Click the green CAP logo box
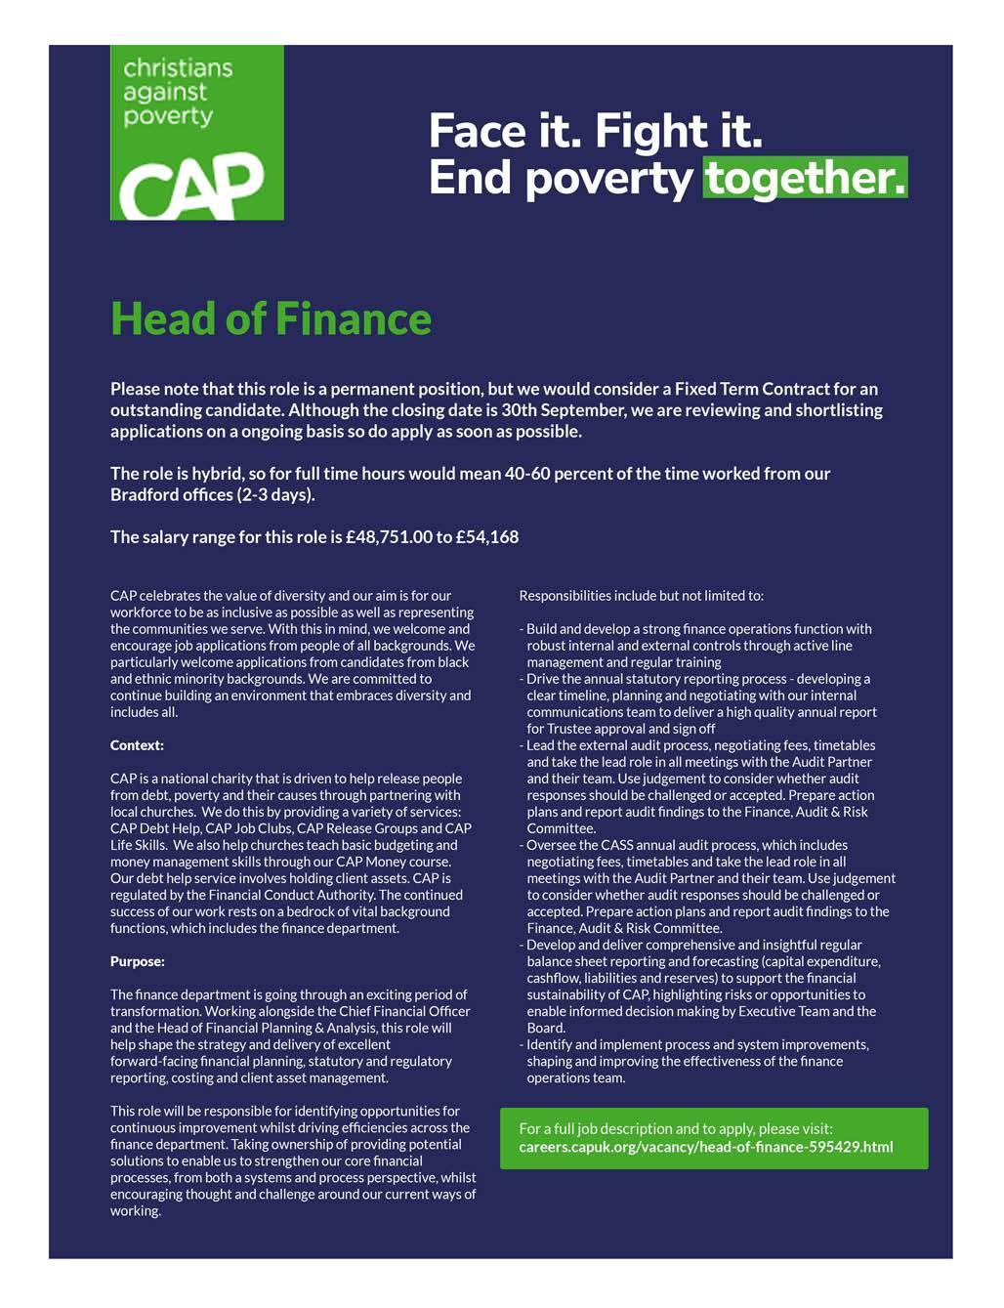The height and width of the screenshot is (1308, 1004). pos(196,133)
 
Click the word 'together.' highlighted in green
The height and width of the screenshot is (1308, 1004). pos(805,178)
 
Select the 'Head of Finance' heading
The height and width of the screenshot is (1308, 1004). pos(271,318)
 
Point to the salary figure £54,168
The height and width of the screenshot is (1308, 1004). pos(486,536)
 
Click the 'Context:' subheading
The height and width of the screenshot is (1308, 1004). pos(137,745)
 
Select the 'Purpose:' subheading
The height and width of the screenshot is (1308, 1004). pos(138,961)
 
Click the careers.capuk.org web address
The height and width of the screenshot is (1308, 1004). pos(705,1146)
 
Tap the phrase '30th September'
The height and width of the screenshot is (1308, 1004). pos(564,409)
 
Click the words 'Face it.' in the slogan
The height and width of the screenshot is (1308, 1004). pos(505,131)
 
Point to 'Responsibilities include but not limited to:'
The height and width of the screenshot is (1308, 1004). pos(641,595)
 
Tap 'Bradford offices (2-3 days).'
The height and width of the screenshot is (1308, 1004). pos(213,494)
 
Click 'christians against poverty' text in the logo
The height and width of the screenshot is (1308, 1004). pos(178,92)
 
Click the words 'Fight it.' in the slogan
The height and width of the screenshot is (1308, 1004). pos(680,131)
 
